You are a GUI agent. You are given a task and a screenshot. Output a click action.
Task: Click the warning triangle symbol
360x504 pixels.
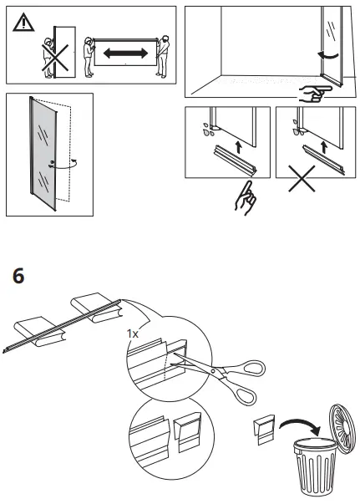tap(23, 23)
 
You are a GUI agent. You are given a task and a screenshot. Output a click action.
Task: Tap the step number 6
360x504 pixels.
tap(18, 276)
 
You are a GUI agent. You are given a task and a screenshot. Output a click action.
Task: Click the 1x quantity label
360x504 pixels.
tap(132, 334)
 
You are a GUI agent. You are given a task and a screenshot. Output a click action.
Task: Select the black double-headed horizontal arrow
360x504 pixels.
tap(125, 53)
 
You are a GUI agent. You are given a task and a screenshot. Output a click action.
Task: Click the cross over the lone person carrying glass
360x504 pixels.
tap(55, 58)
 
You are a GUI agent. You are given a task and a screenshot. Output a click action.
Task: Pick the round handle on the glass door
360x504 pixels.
tap(52, 162)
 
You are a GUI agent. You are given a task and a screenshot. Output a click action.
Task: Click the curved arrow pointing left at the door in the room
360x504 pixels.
tap(328, 56)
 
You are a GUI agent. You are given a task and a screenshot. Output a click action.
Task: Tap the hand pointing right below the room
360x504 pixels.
tap(315, 94)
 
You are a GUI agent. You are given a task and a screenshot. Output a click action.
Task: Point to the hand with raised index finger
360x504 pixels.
tap(246, 198)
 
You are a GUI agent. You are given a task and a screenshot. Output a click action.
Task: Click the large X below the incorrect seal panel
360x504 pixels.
tap(302, 178)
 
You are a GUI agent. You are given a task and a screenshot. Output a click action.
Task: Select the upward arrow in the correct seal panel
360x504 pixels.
tap(238, 147)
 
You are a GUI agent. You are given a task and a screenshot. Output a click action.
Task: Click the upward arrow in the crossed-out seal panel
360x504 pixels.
tap(324, 147)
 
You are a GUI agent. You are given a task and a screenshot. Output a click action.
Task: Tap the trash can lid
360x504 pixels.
tap(342, 429)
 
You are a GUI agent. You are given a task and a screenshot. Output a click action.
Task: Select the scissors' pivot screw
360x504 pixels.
tap(214, 371)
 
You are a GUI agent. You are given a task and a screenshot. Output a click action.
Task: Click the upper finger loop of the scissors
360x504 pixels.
tap(250, 369)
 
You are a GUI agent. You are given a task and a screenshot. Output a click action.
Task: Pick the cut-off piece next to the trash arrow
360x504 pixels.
tap(265, 430)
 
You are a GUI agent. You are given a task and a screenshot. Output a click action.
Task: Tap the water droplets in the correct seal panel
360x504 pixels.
tap(206, 130)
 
